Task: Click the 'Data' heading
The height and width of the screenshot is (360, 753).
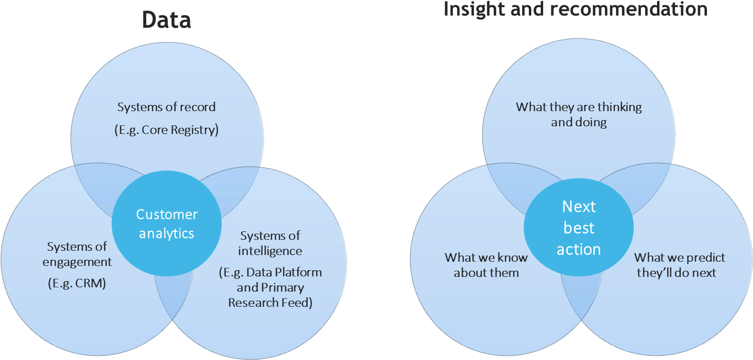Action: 167,20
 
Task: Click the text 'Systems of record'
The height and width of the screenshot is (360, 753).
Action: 167,107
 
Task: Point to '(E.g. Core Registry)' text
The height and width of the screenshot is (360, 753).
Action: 167,130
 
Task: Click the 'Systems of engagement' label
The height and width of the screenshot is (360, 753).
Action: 77,254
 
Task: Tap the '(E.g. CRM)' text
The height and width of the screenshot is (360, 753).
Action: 77,284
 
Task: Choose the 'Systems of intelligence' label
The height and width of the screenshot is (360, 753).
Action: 270,243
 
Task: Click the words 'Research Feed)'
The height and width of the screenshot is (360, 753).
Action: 270,303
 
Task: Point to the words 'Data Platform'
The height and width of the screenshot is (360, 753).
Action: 284,272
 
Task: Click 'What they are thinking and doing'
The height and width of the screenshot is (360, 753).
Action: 578,114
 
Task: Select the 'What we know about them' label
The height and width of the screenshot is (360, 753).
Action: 486,265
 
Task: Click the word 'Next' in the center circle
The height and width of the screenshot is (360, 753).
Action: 578,207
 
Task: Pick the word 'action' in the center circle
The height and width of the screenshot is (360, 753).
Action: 578,249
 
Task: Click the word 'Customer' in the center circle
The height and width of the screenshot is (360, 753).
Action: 167,215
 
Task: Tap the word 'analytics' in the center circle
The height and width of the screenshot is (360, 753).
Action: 167,234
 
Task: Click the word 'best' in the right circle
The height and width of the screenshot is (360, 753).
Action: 578,228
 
